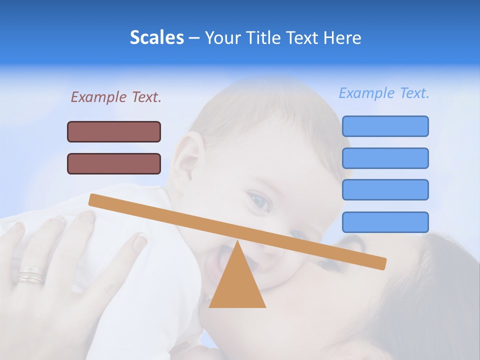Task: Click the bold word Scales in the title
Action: tap(156, 38)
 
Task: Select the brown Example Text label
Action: tap(116, 97)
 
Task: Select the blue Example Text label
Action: tap(384, 93)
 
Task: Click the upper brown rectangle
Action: tap(114, 131)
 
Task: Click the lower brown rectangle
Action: tap(114, 163)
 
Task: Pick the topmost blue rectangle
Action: tap(385, 126)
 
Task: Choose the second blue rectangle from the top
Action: tap(385, 158)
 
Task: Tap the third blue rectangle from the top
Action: tap(385, 189)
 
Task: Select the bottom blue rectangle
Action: tap(385, 222)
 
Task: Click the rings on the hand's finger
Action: tap(31, 275)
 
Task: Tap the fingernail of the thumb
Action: tap(139, 242)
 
